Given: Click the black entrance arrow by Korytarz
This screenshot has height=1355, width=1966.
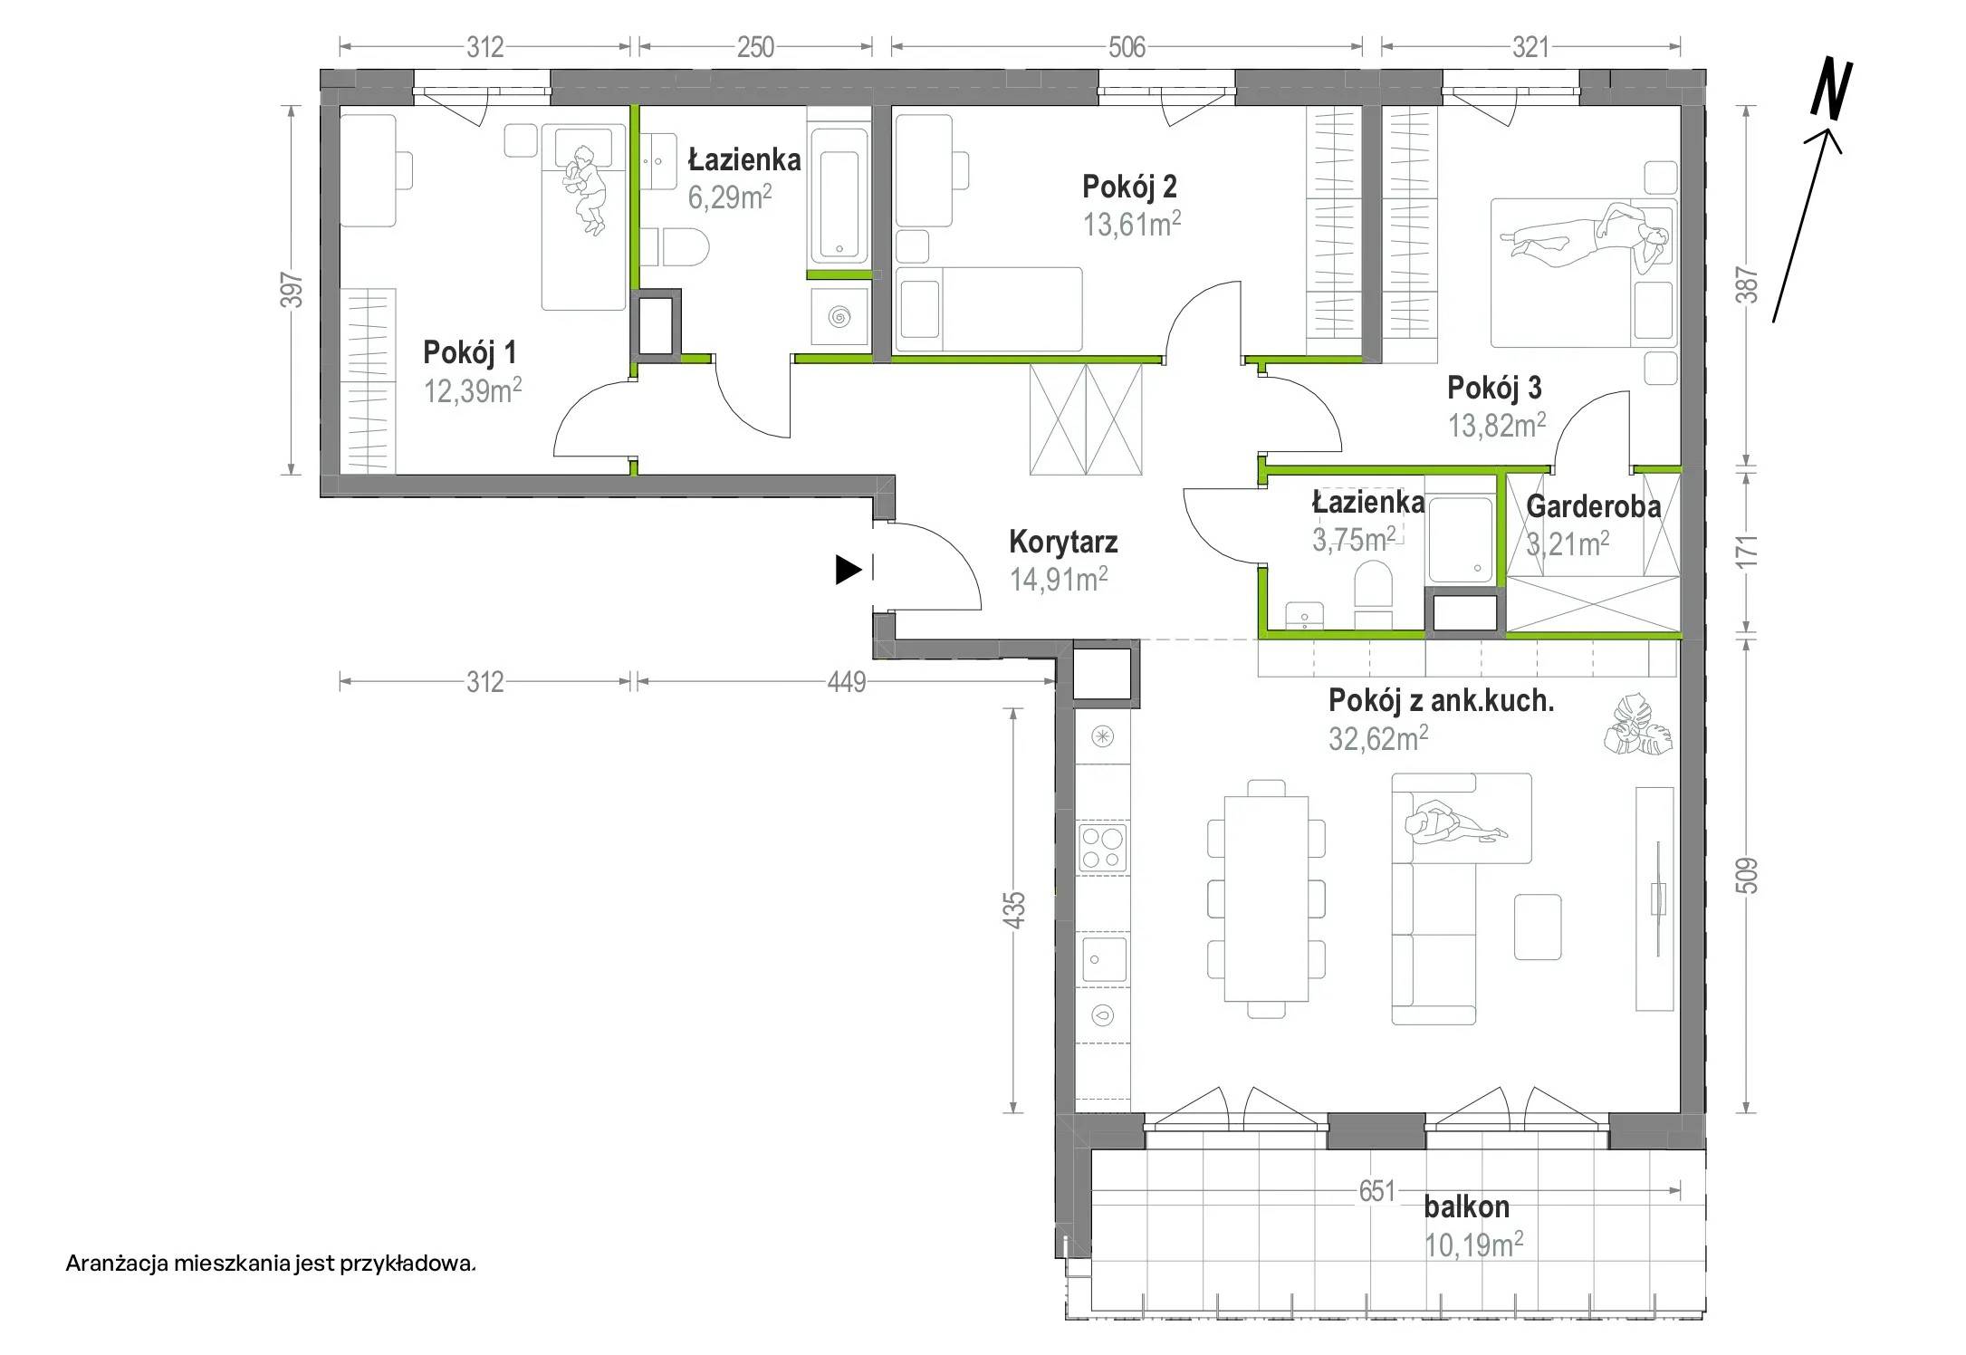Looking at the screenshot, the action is point(848,570).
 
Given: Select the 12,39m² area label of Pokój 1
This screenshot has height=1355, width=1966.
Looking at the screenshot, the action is point(473,390).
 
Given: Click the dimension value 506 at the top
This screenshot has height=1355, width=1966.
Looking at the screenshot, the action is point(1127,47).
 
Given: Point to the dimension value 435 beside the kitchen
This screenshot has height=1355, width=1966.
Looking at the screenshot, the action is point(1015,909).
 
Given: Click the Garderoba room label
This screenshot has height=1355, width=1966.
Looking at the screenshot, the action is point(1594,506).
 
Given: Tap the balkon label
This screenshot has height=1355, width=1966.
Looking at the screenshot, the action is point(1467,1206).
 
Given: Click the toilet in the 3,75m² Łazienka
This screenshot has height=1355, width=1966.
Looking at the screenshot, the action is point(1373,593).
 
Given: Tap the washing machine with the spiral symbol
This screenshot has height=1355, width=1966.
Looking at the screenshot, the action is point(839,315).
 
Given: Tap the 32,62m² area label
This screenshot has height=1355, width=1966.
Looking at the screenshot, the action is point(1378,738).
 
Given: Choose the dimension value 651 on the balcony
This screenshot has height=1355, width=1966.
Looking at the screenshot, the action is point(1376,1190).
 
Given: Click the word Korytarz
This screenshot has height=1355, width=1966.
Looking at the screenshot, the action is point(1063,542).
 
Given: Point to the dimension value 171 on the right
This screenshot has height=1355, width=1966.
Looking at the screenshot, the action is point(1749,552).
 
